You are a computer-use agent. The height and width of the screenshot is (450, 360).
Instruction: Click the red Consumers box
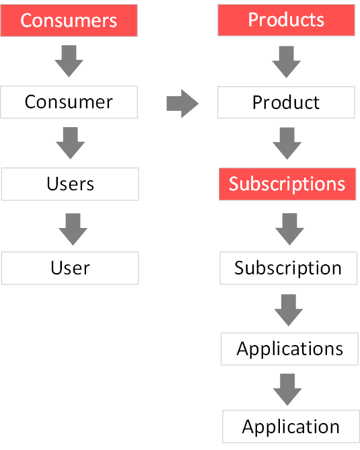tap(69, 20)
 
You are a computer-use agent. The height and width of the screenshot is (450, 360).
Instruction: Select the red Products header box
tap(286, 20)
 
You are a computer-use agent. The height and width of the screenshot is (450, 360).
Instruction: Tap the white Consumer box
tap(69, 102)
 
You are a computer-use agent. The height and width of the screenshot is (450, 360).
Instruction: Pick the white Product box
tap(286, 102)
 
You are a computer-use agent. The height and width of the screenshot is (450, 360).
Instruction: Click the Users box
tap(70, 184)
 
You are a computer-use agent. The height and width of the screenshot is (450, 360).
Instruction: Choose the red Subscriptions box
tap(287, 184)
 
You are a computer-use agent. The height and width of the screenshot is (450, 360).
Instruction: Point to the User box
tap(70, 268)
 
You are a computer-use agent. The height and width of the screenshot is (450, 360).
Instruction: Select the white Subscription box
tap(289, 268)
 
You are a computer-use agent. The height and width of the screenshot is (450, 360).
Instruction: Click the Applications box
tap(290, 349)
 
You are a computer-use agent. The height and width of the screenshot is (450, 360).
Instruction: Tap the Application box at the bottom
tap(291, 426)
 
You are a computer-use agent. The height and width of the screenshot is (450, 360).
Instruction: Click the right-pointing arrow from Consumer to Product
tap(182, 104)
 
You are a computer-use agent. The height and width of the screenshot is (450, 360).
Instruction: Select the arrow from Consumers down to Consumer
tap(69, 61)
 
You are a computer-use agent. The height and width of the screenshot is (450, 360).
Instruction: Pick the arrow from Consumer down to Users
tap(71, 143)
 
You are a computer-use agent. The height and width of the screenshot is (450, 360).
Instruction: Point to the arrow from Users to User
tap(73, 229)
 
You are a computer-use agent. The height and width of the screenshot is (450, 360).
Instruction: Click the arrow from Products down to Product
tap(286, 62)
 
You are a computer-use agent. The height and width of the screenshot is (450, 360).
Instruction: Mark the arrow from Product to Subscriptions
tap(287, 143)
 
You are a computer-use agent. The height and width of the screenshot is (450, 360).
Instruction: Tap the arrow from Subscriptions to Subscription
tap(289, 229)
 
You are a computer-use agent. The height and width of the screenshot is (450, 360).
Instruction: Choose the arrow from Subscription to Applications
tap(289, 310)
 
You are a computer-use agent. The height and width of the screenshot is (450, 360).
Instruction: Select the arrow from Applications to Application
tap(287, 389)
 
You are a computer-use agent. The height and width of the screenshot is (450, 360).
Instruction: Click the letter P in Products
tap(254, 20)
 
